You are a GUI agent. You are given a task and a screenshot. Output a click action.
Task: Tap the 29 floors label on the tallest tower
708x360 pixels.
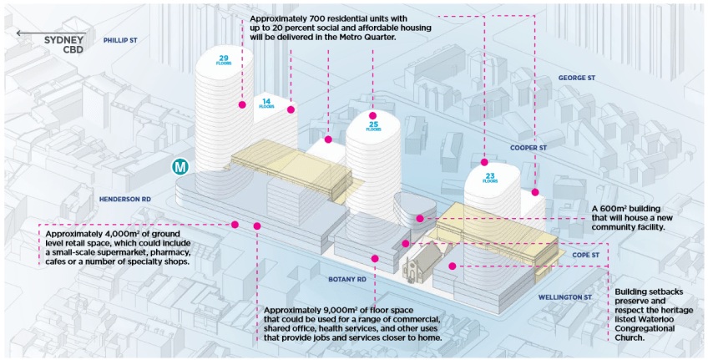click(x=224, y=61)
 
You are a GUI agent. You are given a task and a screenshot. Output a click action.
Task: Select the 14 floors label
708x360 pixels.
click(x=266, y=103)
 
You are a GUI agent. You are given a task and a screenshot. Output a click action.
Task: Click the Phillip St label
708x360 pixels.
click(x=120, y=40)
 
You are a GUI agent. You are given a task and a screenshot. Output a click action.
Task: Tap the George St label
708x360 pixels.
click(x=576, y=78)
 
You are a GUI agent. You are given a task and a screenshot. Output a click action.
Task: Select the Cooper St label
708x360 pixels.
click(x=528, y=147)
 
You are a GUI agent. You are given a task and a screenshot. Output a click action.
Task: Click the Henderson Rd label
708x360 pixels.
click(x=124, y=200)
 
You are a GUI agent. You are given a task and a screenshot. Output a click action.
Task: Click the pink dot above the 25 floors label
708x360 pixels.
click(x=372, y=114)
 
